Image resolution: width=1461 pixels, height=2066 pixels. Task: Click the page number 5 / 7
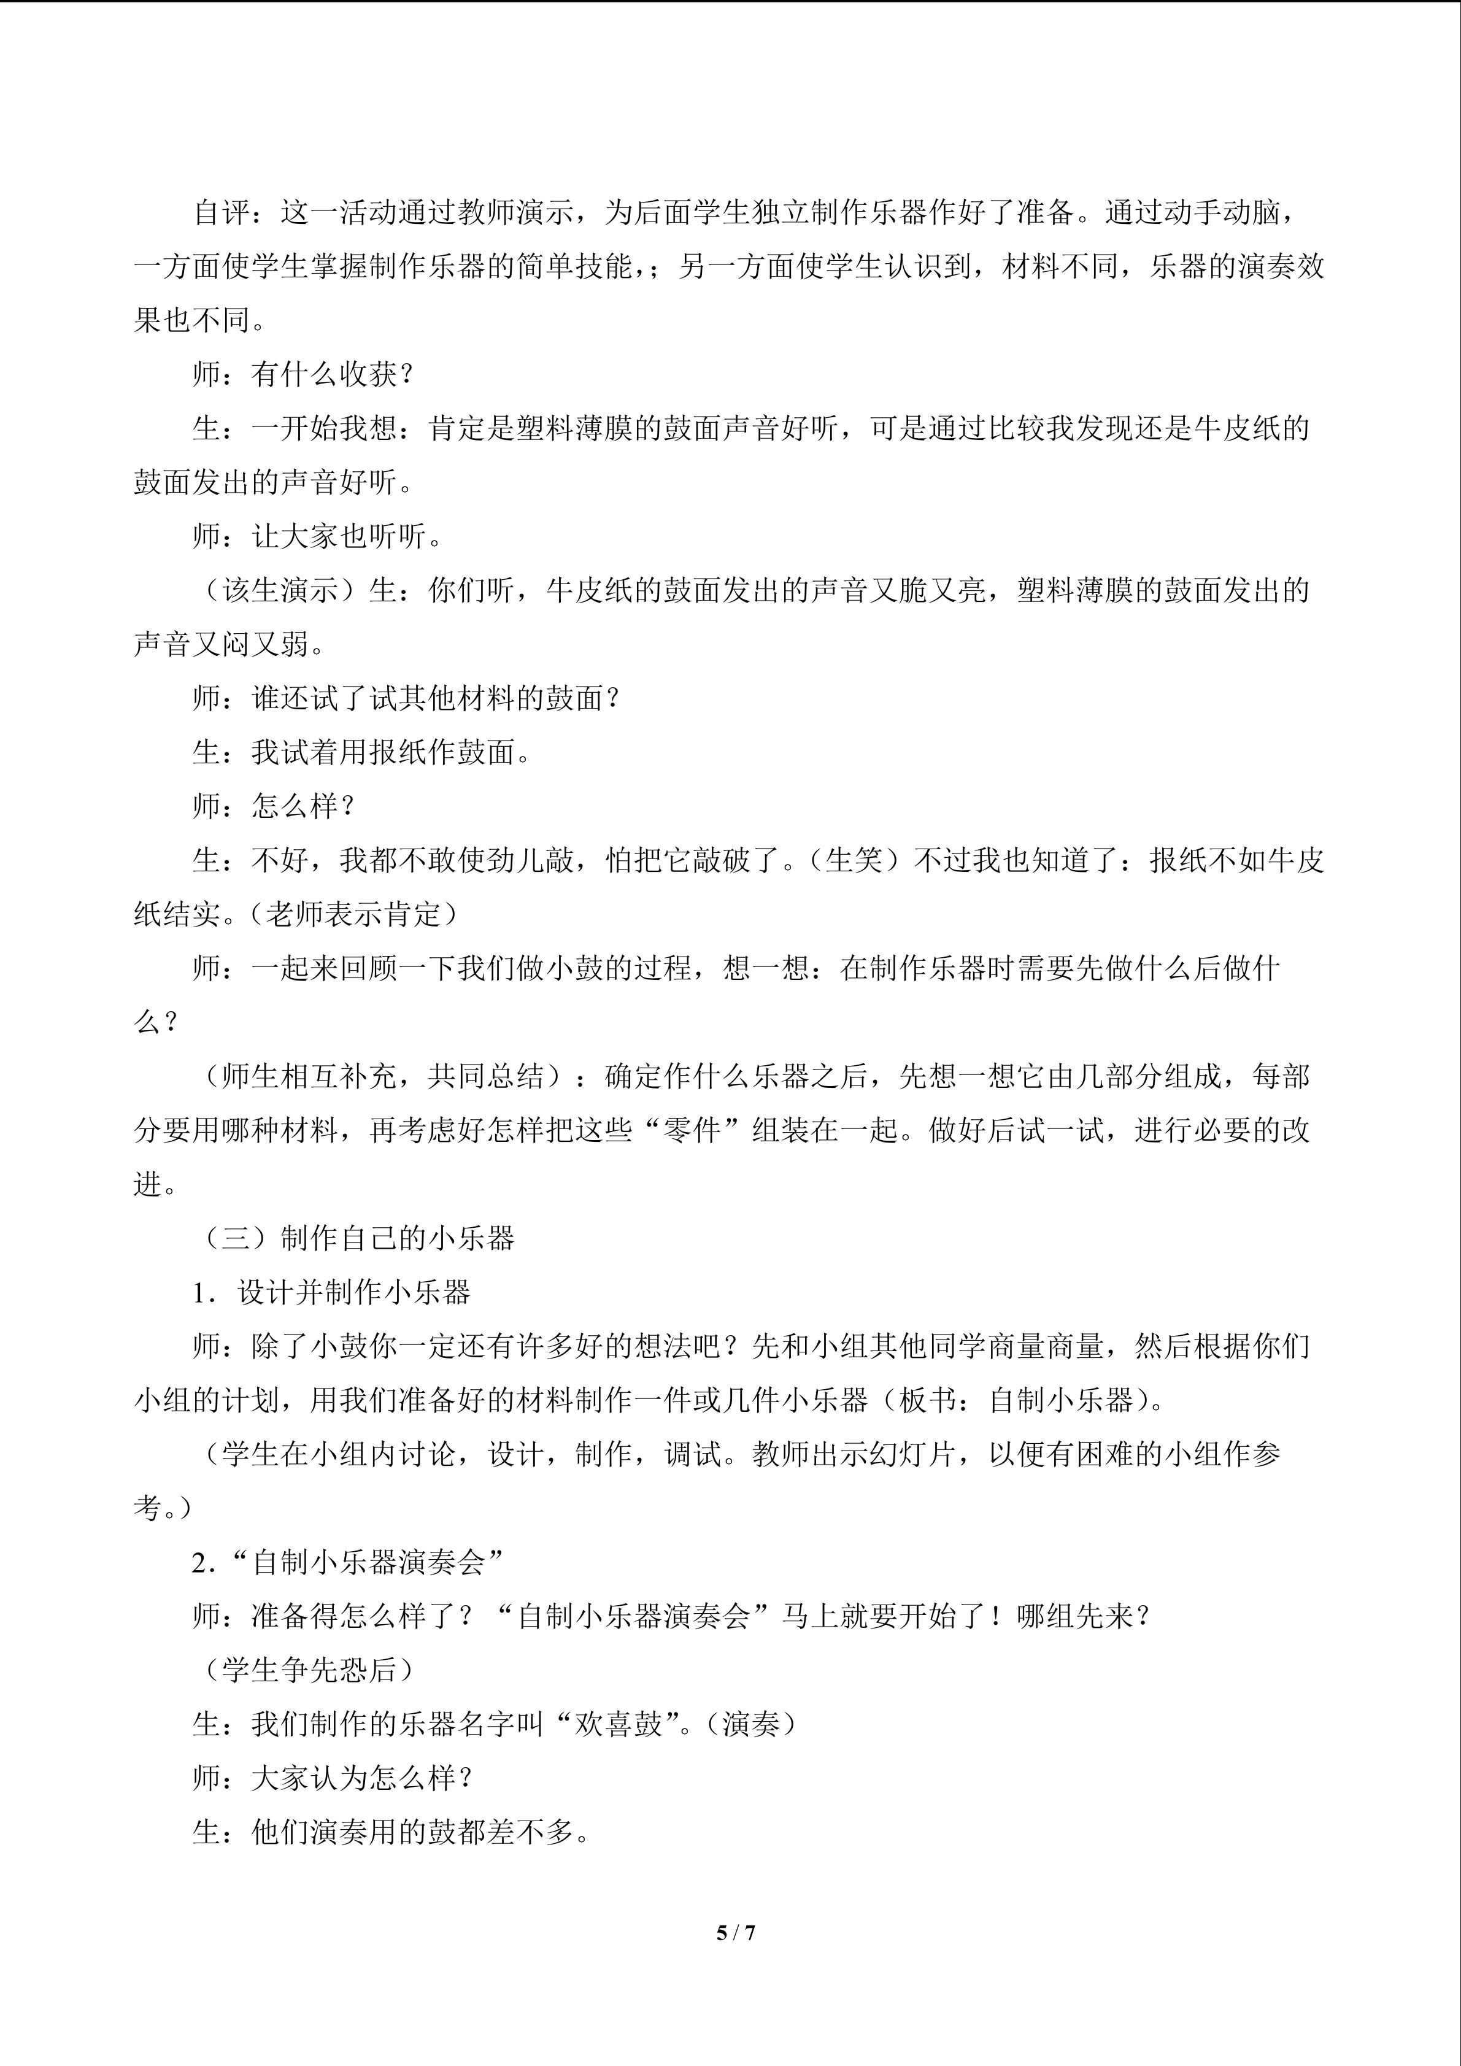click(x=735, y=1932)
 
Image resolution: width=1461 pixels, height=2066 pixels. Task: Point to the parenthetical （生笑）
click(x=853, y=860)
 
